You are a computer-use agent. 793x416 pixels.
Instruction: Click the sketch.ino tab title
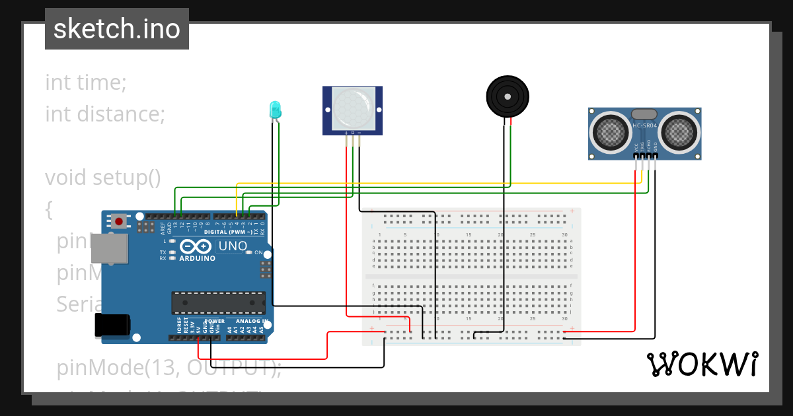point(117,29)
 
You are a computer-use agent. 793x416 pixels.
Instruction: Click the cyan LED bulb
point(275,110)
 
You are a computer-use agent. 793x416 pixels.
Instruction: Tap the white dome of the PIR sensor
point(352,110)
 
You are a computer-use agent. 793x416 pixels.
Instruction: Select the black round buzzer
point(508,96)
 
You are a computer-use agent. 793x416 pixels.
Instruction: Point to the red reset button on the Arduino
point(120,221)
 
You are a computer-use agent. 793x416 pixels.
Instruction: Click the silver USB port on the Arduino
point(109,248)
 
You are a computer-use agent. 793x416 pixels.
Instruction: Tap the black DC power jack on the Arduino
point(112,324)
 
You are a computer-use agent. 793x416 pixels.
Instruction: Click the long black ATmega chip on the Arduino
point(218,302)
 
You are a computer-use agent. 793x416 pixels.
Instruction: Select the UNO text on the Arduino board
point(233,246)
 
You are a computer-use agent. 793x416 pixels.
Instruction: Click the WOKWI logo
point(702,364)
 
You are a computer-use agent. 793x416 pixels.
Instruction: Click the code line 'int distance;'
point(104,114)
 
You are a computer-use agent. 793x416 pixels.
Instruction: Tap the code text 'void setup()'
point(103,178)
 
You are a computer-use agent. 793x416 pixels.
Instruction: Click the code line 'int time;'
point(86,83)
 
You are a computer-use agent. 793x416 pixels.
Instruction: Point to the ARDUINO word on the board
point(197,258)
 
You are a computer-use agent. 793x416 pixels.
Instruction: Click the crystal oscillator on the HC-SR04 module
point(644,115)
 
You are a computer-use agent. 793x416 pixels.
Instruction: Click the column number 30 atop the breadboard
point(564,236)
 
